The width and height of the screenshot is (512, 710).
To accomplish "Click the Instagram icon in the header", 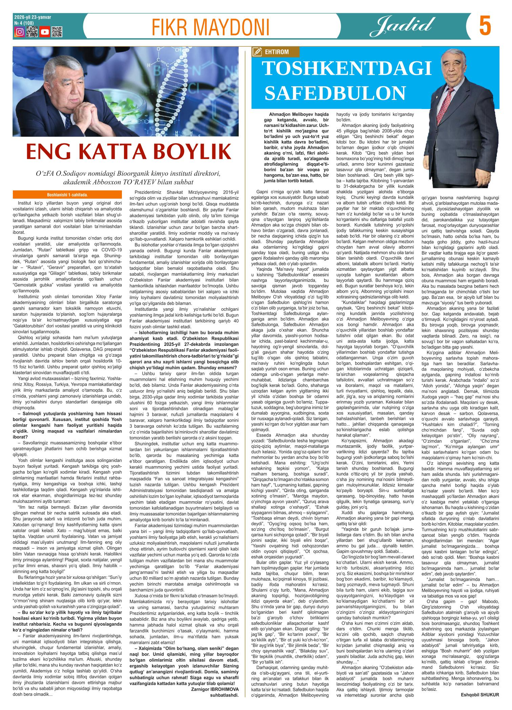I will coord(20,32).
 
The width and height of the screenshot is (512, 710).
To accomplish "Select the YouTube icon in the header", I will coord(45,32).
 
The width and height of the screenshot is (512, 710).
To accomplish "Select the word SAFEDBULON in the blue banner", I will coord(335,93).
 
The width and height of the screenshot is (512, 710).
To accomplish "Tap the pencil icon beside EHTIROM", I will coord(257,52).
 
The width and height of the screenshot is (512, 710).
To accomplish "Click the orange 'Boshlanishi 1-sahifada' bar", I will coord(69,195).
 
